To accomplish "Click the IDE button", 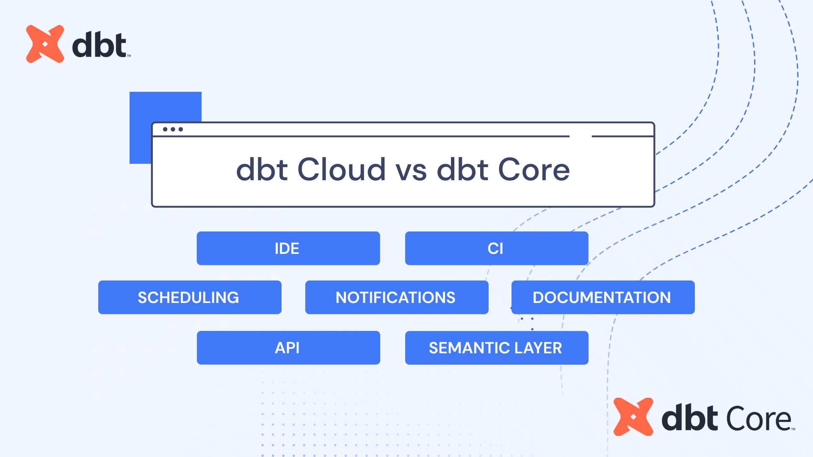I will point(288,248).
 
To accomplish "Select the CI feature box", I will point(496,248).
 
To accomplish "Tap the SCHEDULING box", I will point(189,297).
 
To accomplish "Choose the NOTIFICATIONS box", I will point(396,297).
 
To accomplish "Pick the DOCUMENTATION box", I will point(603,297).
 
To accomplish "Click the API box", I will point(288,348).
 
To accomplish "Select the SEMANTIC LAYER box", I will point(496,348).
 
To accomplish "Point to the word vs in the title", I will point(411,171).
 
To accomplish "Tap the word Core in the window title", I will point(534,170).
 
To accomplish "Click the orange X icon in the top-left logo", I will point(45,44).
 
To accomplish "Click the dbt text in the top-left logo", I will point(99,44).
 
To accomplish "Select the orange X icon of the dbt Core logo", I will point(633,417).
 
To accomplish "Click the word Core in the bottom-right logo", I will point(758,419).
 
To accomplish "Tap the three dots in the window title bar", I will point(173,129).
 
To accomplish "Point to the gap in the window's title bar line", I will point(581,136).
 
